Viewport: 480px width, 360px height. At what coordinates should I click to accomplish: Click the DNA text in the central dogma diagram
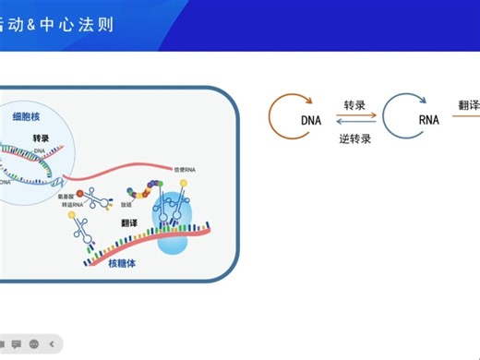click(310, 121)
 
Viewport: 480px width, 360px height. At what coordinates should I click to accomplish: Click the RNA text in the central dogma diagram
click(428, 121)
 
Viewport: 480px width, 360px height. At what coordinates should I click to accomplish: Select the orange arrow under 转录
click(354, 116)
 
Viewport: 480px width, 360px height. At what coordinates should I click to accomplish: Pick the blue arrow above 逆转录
click(354, 126)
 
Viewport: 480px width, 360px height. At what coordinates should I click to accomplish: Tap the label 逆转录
click(354, 139)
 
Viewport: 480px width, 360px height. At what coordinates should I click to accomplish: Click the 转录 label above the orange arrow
click(355, 105)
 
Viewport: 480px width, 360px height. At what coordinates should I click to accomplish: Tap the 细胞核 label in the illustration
click(26, 116)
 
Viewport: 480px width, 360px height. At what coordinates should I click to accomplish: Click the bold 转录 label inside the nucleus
click(41, 138)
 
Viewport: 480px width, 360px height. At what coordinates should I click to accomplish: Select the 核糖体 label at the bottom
click(128, 265)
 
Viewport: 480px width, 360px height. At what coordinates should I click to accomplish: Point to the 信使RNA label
click(185, 170)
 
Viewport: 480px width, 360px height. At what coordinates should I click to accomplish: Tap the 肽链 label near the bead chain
click(126, 205)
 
